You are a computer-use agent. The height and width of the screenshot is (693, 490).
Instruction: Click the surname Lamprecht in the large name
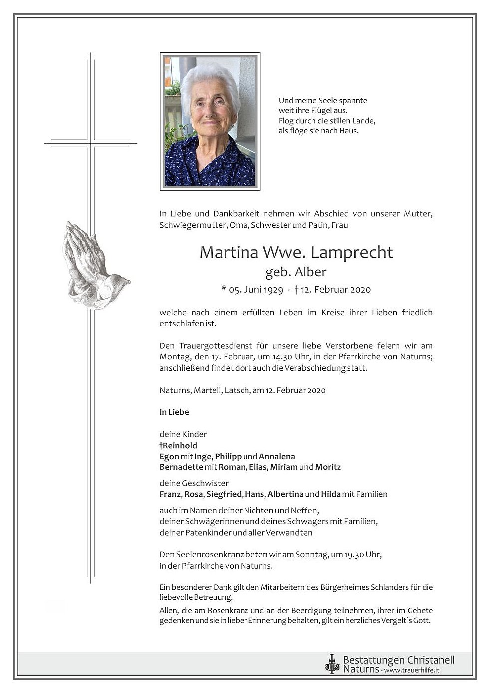[351, 253]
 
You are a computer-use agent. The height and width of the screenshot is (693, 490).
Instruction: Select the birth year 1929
[273, 290]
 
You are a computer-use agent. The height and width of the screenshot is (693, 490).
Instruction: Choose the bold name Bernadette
[181, 467]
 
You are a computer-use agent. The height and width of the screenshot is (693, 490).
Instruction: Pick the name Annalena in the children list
[277, 457]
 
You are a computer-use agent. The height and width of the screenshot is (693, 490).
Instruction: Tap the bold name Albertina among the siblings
[285, 494]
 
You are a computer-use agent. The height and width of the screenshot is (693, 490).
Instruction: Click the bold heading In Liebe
[174, 412]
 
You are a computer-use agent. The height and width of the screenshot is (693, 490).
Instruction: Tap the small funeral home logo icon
[332, 664]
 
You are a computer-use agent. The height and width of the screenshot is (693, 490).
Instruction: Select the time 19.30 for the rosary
[355, 554]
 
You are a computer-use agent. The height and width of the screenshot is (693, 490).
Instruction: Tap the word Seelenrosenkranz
[206, 554]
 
